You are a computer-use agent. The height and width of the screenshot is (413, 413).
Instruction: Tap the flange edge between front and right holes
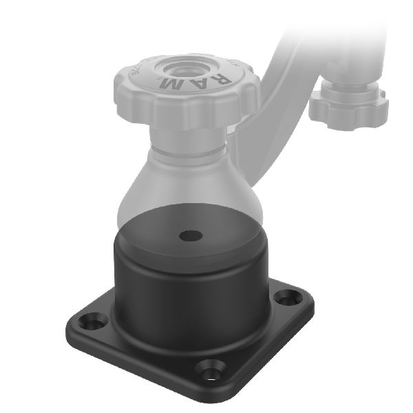(262, 344)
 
